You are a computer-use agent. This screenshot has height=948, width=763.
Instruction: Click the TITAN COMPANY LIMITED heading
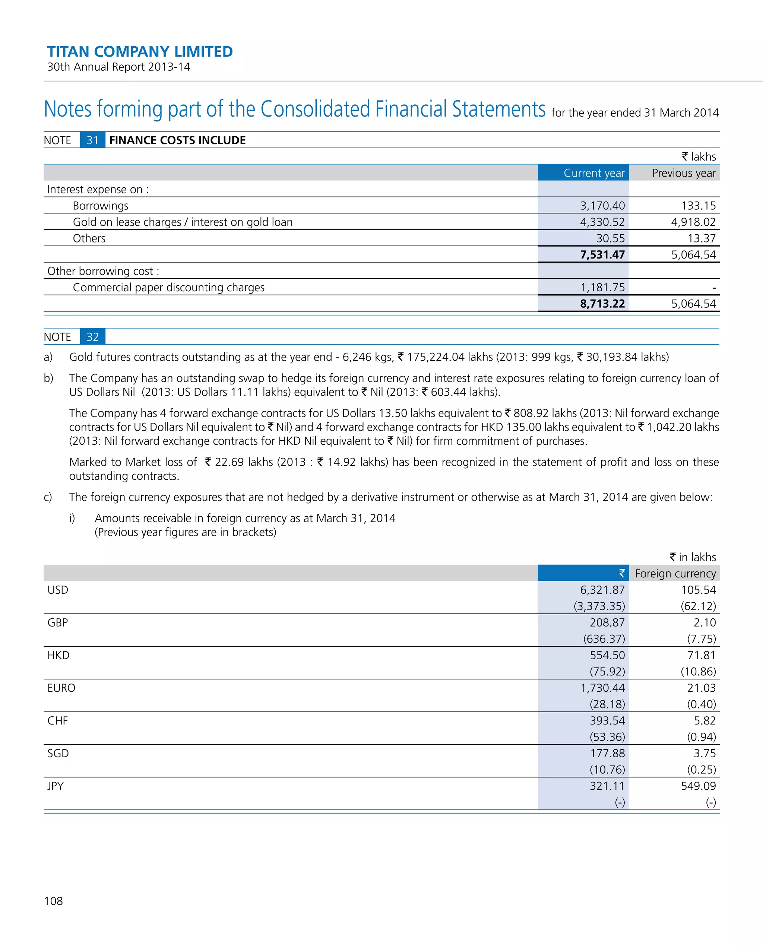(140, 51)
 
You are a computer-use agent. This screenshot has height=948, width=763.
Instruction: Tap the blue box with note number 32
(92, 337)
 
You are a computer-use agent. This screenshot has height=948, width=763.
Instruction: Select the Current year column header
(594, 173)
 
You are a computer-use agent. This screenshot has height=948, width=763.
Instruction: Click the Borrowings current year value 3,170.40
(602, 206)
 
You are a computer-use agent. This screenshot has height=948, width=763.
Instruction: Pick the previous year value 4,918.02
(693, 222)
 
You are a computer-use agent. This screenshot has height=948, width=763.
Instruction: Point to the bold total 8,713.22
(602, 304)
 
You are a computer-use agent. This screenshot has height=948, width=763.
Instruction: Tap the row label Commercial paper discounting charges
(168, 288)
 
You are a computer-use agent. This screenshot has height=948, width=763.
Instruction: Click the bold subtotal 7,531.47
(602, 254)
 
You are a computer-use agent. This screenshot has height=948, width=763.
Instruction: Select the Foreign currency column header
(675, 573)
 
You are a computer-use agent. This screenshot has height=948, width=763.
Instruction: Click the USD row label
(58, 590)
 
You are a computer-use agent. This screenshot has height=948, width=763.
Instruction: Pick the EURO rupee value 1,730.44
(602, 688)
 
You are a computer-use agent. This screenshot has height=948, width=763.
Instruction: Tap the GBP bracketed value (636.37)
(604, 639)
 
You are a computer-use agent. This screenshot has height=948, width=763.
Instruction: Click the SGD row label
(58, 753)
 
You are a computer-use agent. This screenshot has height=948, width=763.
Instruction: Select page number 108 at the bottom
(53, 901)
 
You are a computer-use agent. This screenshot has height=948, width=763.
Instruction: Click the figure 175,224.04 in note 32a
(435, 357)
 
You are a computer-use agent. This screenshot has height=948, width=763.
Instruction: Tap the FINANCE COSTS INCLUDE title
(177, 140)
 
